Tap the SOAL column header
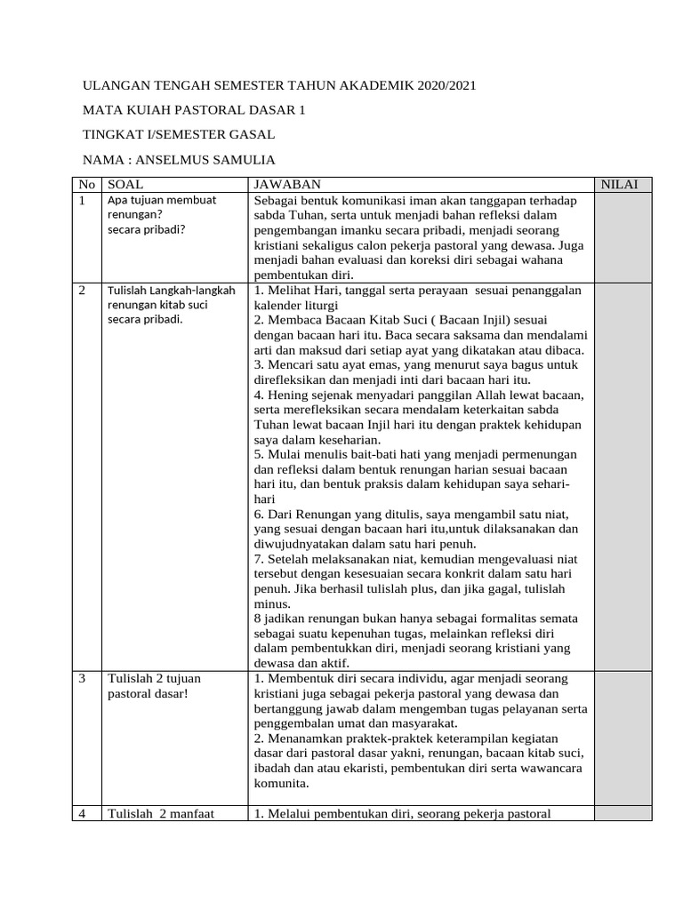[125, 185]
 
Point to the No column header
[86, 185]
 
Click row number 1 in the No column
[82, 201]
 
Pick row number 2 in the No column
[82, 291]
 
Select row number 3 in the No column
[82, 679]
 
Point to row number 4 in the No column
[82, 814]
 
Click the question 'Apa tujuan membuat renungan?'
[161, 208]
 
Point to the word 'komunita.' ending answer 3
[281, 785]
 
